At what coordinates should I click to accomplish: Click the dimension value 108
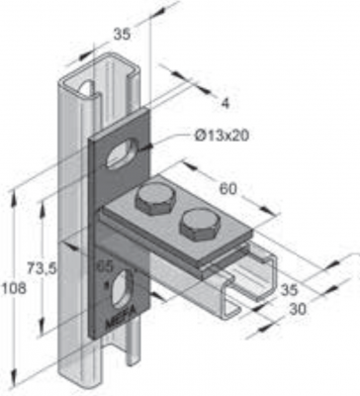tap(14, 289)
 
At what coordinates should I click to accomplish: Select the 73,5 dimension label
tap(42, 269)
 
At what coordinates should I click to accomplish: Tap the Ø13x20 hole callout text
tap(222, 136)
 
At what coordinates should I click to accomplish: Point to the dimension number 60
tap(227, 189)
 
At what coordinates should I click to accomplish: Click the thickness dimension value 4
tap(225, 104)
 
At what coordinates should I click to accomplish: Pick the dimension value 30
tap(298, 309)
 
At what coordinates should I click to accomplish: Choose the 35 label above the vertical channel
tap(123, 35)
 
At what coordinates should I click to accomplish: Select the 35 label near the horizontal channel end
tap(289, 290)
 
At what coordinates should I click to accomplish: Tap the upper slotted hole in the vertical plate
tap(122, 153)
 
